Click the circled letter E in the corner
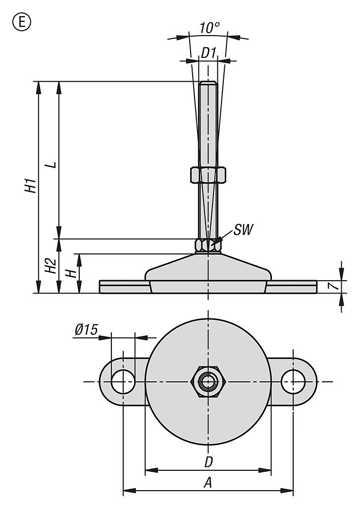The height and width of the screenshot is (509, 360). click(22, 22)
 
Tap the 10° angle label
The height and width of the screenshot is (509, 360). click(209, 28)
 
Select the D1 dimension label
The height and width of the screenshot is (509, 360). click(208, 52)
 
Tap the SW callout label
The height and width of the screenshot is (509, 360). click(244, 230)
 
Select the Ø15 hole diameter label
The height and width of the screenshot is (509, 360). click(86, 330)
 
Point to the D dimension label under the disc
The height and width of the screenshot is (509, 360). click(208, 462)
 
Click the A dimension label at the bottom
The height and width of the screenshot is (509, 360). click(208, 483)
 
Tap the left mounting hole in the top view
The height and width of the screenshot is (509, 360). click(123, 381)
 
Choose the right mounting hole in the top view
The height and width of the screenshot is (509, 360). click(293, 381)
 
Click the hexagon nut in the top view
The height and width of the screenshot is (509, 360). click(208, 381)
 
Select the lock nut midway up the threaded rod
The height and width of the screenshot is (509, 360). click(208, 175)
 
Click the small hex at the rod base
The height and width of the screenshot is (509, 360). click(208, 246)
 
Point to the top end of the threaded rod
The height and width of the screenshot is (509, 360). click(208, 82)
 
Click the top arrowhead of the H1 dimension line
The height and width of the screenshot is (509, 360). click(39, 88)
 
